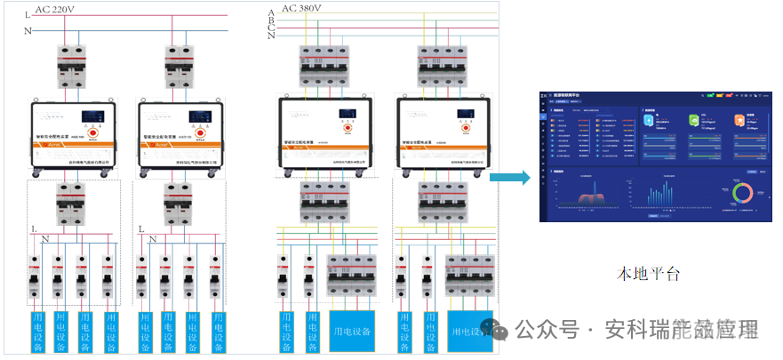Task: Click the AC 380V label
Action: [301, 9]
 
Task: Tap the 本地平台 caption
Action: [649, 274]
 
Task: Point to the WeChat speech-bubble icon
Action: [498, 330]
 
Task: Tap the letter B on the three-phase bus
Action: [271, 20]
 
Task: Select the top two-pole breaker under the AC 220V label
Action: [70, 65]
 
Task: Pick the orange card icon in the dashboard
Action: [739, 120]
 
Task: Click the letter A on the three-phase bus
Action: [271, 12]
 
